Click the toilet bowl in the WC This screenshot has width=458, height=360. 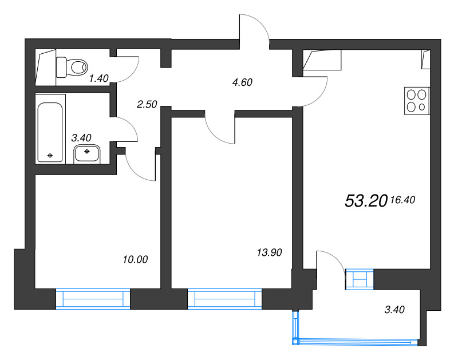pyautogui.click(x=72, y=68)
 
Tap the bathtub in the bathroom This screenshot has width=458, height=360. pyautogui.click(x=50, y=132)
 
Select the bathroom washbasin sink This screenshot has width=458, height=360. pyautogui.click(x=87, y=153)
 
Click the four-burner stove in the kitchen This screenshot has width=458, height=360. pyautogui.click(x=417, y=100)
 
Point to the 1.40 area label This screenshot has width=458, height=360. pyautogui.click(x=98, y=78)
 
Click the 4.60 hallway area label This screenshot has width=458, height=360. pyautogui.click(x=242, y=82)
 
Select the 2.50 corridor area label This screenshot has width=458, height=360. pyautogui.click(x=147, y=104)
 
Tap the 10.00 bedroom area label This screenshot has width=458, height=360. pyautogui.click(x=135, y=259)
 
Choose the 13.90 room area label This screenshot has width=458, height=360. pyautogui.click(x=269, y=252)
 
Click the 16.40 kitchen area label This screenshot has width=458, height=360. pyautogui.click(x=402, y=200)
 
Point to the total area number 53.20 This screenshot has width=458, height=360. pyautogui.click(x=366, y=201)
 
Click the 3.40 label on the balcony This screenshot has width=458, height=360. pyautogui.click(x=394, y=310)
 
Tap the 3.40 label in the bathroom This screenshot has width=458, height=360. pyautogui.click(x=81, y=137)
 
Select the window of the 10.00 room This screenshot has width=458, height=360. pyautogui.click(x=93, y=299)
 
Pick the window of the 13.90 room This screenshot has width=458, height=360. pyautogui.click(x=224, y=299)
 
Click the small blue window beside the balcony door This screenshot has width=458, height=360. pyautogui.click(x=360, y=279)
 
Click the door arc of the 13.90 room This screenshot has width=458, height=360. pyautogui.click(x=216, y=135)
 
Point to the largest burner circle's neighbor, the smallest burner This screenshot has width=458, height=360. pyautogui.click(x=422, y=107)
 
